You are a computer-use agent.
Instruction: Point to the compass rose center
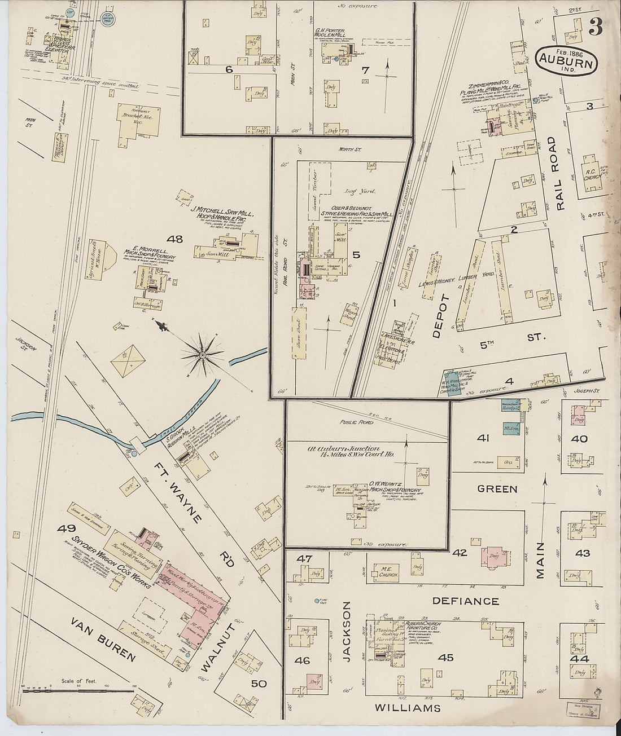click(x=202, y=355)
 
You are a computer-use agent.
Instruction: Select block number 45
click(x=445, y=657)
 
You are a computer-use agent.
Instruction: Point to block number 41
click(x=483, y=438)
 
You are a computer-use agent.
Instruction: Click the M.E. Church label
click(x=390, y=571)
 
